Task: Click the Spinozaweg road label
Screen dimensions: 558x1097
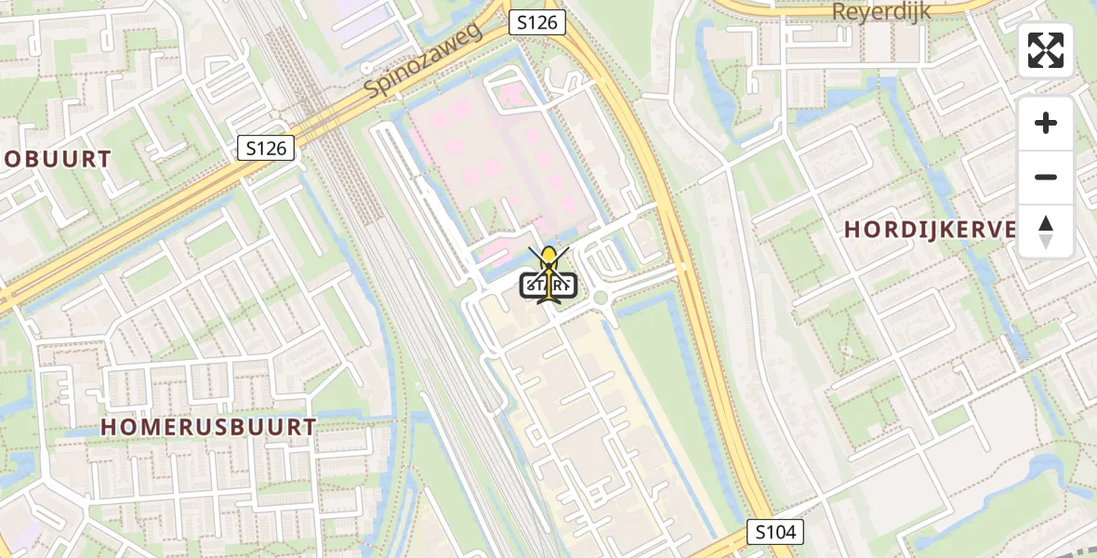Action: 424,61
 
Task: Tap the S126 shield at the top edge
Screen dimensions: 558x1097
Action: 537,22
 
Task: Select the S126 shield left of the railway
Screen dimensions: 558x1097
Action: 266,147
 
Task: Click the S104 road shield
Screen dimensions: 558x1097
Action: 775,533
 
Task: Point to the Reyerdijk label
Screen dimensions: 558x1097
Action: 880,12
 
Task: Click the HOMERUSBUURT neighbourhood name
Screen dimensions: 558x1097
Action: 208,427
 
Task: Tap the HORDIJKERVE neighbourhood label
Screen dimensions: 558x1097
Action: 930,230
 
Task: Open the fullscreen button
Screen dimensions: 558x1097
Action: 1046,50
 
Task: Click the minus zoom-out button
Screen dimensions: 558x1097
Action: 1046,177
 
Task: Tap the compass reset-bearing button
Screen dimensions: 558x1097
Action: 1046,231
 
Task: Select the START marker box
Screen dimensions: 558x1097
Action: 549,286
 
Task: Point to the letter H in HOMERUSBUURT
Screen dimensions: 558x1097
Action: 109,427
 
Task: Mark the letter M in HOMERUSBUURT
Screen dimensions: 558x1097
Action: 152,427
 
